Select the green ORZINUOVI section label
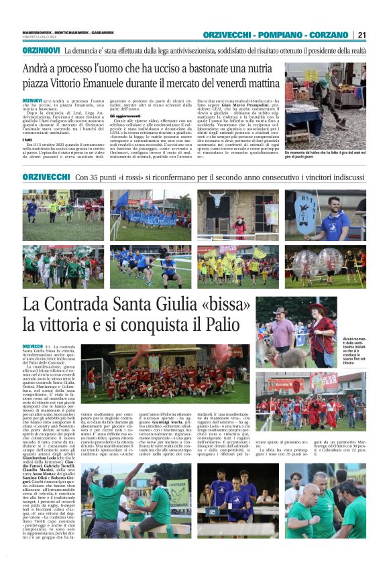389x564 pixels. click(x=42, y=50)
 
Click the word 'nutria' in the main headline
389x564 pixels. click(x=258, y=68)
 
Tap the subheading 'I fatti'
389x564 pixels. click(x=28, y=139)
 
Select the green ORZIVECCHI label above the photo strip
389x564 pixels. click(x=46, y=177)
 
